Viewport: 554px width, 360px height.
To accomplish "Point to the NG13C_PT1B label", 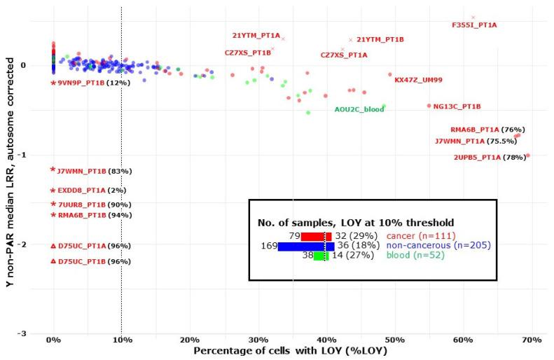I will [457, 106].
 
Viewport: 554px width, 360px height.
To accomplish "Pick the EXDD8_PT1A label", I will [81, 191].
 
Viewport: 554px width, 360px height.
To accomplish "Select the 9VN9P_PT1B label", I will [81, 83].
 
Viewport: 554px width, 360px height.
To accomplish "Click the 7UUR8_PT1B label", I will [81, 204].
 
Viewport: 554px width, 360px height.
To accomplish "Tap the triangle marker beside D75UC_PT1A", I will [53, 246].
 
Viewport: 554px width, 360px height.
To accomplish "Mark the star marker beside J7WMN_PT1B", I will [53, 169].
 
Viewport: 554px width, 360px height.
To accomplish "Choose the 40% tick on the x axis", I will [326, 340].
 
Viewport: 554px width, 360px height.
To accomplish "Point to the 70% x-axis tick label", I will [531, 340].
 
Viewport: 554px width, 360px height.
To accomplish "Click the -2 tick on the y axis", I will [22, 244].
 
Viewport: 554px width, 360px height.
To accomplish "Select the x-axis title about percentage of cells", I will [290, 350].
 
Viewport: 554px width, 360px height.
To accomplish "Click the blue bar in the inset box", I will [305, 247].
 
